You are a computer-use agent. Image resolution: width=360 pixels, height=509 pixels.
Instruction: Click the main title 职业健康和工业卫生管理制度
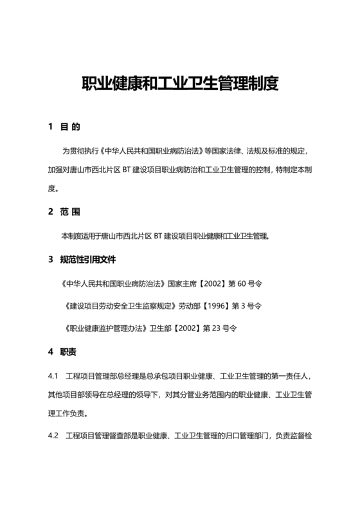(179, 84)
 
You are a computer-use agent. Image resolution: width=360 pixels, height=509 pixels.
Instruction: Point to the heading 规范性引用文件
(89, 260)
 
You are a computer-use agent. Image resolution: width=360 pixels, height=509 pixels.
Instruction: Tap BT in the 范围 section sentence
(159, 236)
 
